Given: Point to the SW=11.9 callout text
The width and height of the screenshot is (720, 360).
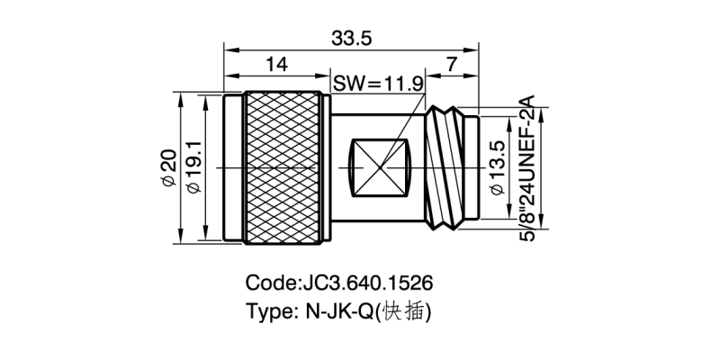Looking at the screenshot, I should tap(378, 84).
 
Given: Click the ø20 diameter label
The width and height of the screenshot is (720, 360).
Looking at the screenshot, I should tap(167, 167).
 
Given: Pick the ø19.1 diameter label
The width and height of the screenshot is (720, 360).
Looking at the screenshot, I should tap(192, 167).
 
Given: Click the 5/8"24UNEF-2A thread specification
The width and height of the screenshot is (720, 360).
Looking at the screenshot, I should tap(527, 167).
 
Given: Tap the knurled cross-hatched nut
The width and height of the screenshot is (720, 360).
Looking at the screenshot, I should tap(284, 167).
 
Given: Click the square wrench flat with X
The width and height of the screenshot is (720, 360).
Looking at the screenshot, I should tap(379, 167).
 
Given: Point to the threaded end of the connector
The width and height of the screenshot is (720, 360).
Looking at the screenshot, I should tap(450, 167).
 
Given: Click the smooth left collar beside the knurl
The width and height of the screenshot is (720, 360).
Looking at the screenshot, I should tap(233, 167).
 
